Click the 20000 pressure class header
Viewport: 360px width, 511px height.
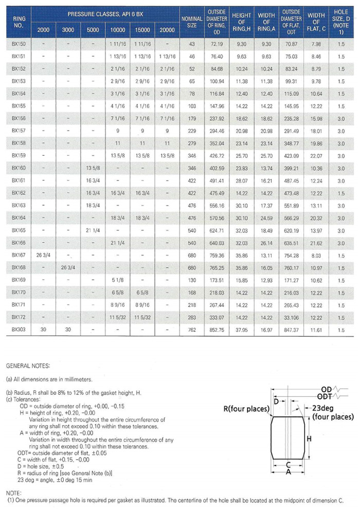pyautogui.click(x=167, y=30)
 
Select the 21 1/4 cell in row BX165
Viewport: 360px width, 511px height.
pyautogui.click(x=93, y=230)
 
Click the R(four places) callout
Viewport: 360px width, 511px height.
pyautogui.click(x=246, y=409)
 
